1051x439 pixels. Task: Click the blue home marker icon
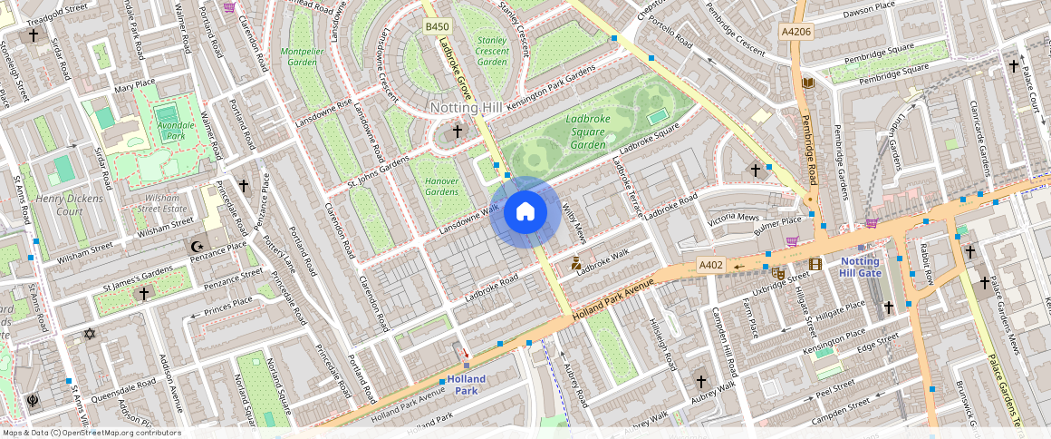pos(525,213)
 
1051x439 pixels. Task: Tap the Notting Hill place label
pos(466,108)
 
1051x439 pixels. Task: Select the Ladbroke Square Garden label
pos(586,132)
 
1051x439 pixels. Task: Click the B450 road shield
pos(438,28)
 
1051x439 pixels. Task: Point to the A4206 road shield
pos(795,32)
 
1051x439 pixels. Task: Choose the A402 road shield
pos(711,265)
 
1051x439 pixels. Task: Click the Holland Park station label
pos(466,385)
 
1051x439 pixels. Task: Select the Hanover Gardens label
pos(441,186)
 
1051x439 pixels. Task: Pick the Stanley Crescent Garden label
pos(492,51)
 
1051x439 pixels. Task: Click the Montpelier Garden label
pos(302,57)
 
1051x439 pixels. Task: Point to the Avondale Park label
pos(169,130)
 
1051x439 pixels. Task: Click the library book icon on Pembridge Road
pos(808,83)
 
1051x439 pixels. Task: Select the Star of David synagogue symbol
pos(89,334)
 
